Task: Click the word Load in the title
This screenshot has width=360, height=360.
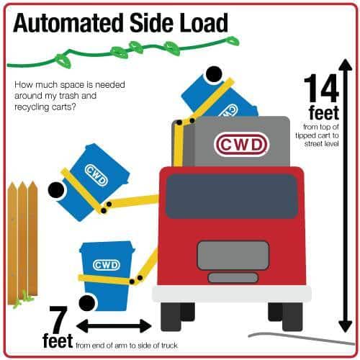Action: click(x=204, y=23)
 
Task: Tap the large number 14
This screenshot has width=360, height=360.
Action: click(x=321, y=89)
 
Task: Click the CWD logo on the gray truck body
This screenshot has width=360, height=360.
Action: click(x=240, y=145)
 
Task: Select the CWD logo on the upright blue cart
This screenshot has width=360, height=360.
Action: click(x=107, y=265)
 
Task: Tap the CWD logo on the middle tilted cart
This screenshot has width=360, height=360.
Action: click(x=96, y=176)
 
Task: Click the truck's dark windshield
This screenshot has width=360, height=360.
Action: click(x=232, y=197)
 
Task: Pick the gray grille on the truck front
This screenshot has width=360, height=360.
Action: click(x=233, y=255)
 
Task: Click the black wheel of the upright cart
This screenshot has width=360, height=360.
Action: click(x=87, y=302)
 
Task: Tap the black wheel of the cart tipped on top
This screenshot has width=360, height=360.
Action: click(x=214, y=74)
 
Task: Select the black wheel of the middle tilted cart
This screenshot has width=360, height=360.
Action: click(x=56, y=190)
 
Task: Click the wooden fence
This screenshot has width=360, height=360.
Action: click(x=23, y=243)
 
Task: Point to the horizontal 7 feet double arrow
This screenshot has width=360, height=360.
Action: click(x=114, y=326)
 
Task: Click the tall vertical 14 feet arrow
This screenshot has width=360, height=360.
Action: click(x=346, y=196)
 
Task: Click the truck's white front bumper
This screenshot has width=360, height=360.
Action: click(x=232, y=294)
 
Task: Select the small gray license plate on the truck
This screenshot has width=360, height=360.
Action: click(x=233, y=278)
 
